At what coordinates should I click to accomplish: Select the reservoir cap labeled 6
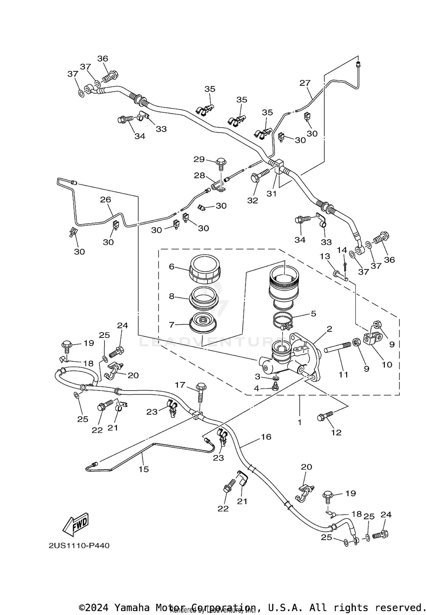(204, 269)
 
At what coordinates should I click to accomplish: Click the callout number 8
(172, 297)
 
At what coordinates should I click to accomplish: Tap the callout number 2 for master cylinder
(329, 329)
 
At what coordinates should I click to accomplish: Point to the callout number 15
(144, 469)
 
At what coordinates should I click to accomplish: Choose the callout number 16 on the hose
(266, 437)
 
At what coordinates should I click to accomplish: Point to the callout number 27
(305, 83)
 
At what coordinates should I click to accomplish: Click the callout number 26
(105, 200)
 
